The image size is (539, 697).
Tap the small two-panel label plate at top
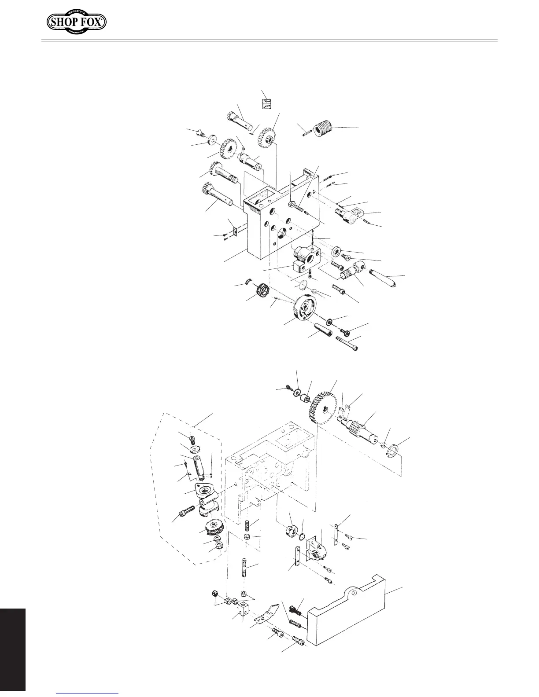pyautogui.click(x=266, y=103)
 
